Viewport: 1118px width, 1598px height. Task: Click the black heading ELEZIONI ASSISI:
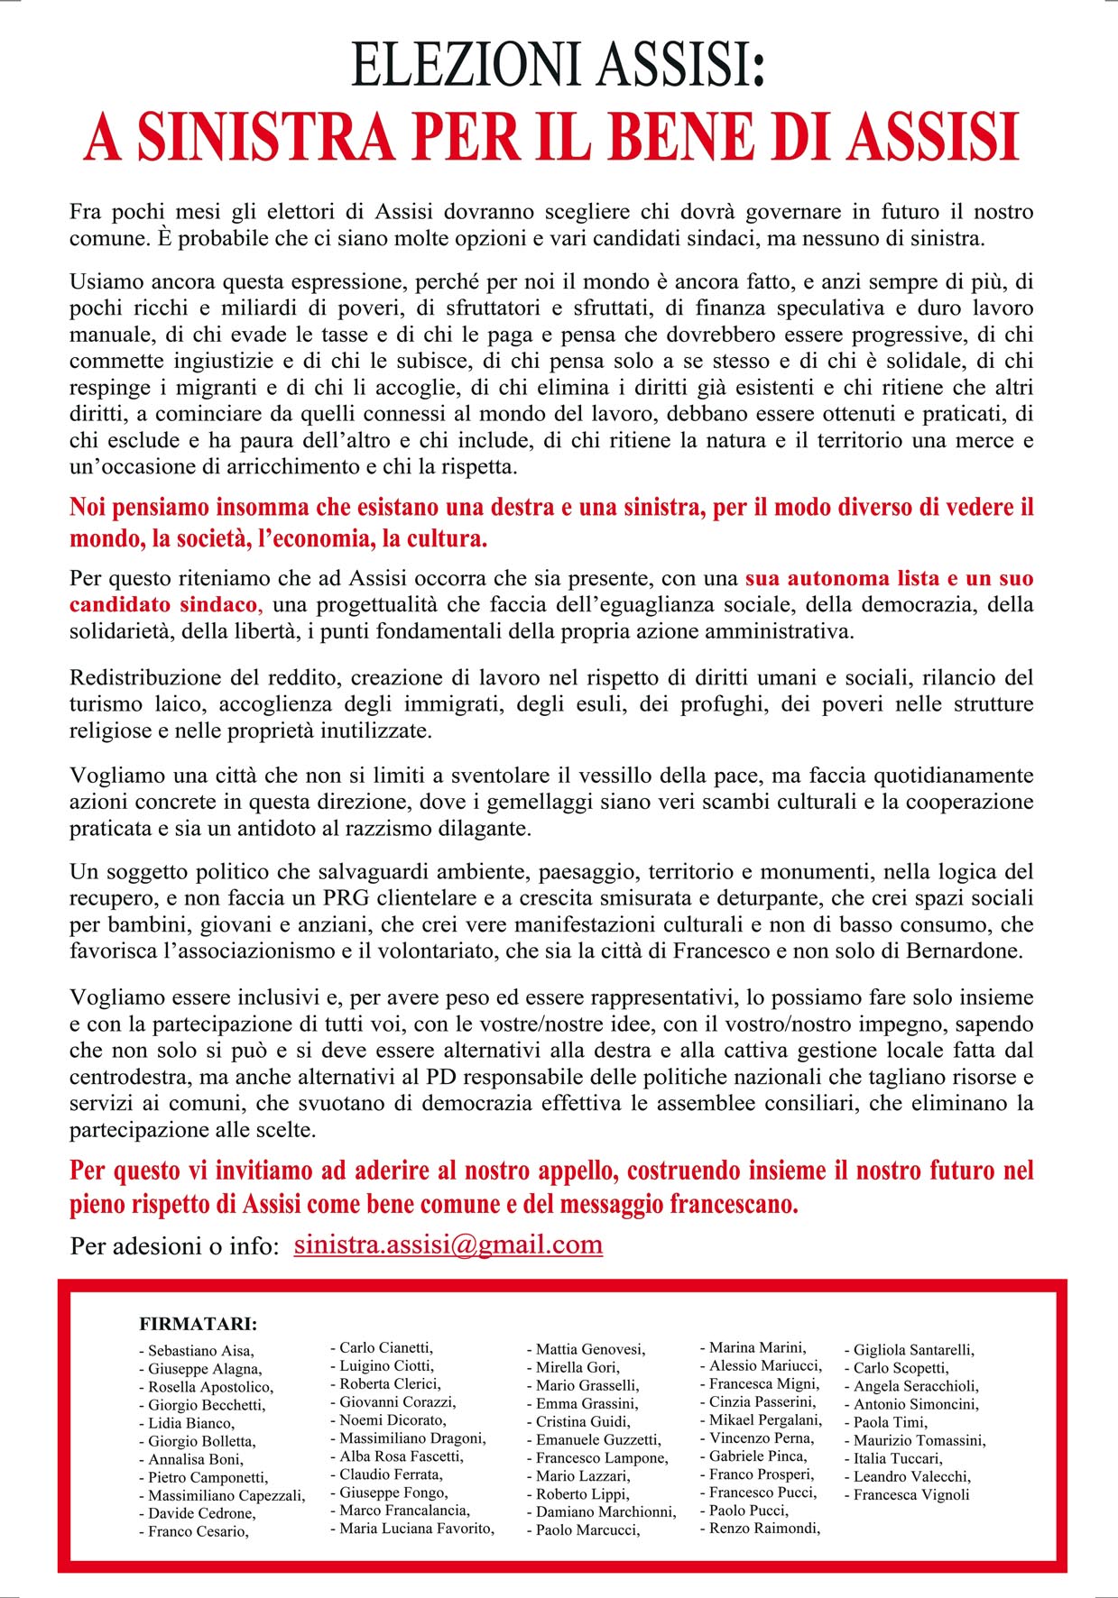click(558, 66)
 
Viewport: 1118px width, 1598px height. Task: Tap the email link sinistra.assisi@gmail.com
click(448, 1244)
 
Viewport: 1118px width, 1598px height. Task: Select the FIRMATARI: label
click(199, 1324)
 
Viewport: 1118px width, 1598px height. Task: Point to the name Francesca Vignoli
click(911, 1494)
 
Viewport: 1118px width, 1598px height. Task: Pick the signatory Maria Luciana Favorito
click(416, 1528)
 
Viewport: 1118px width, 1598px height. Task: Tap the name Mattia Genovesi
click(590, 1349)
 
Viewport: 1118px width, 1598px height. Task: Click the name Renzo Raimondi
click(763, 1528)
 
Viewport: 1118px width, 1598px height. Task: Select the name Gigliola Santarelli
click(913, 1350)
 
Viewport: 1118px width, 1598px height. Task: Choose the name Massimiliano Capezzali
click(226, 1495)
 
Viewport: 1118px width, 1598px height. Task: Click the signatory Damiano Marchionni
click(605, 1511)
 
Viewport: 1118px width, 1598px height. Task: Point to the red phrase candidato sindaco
click(163, 604)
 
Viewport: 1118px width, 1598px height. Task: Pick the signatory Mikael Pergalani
click(764, 1419)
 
